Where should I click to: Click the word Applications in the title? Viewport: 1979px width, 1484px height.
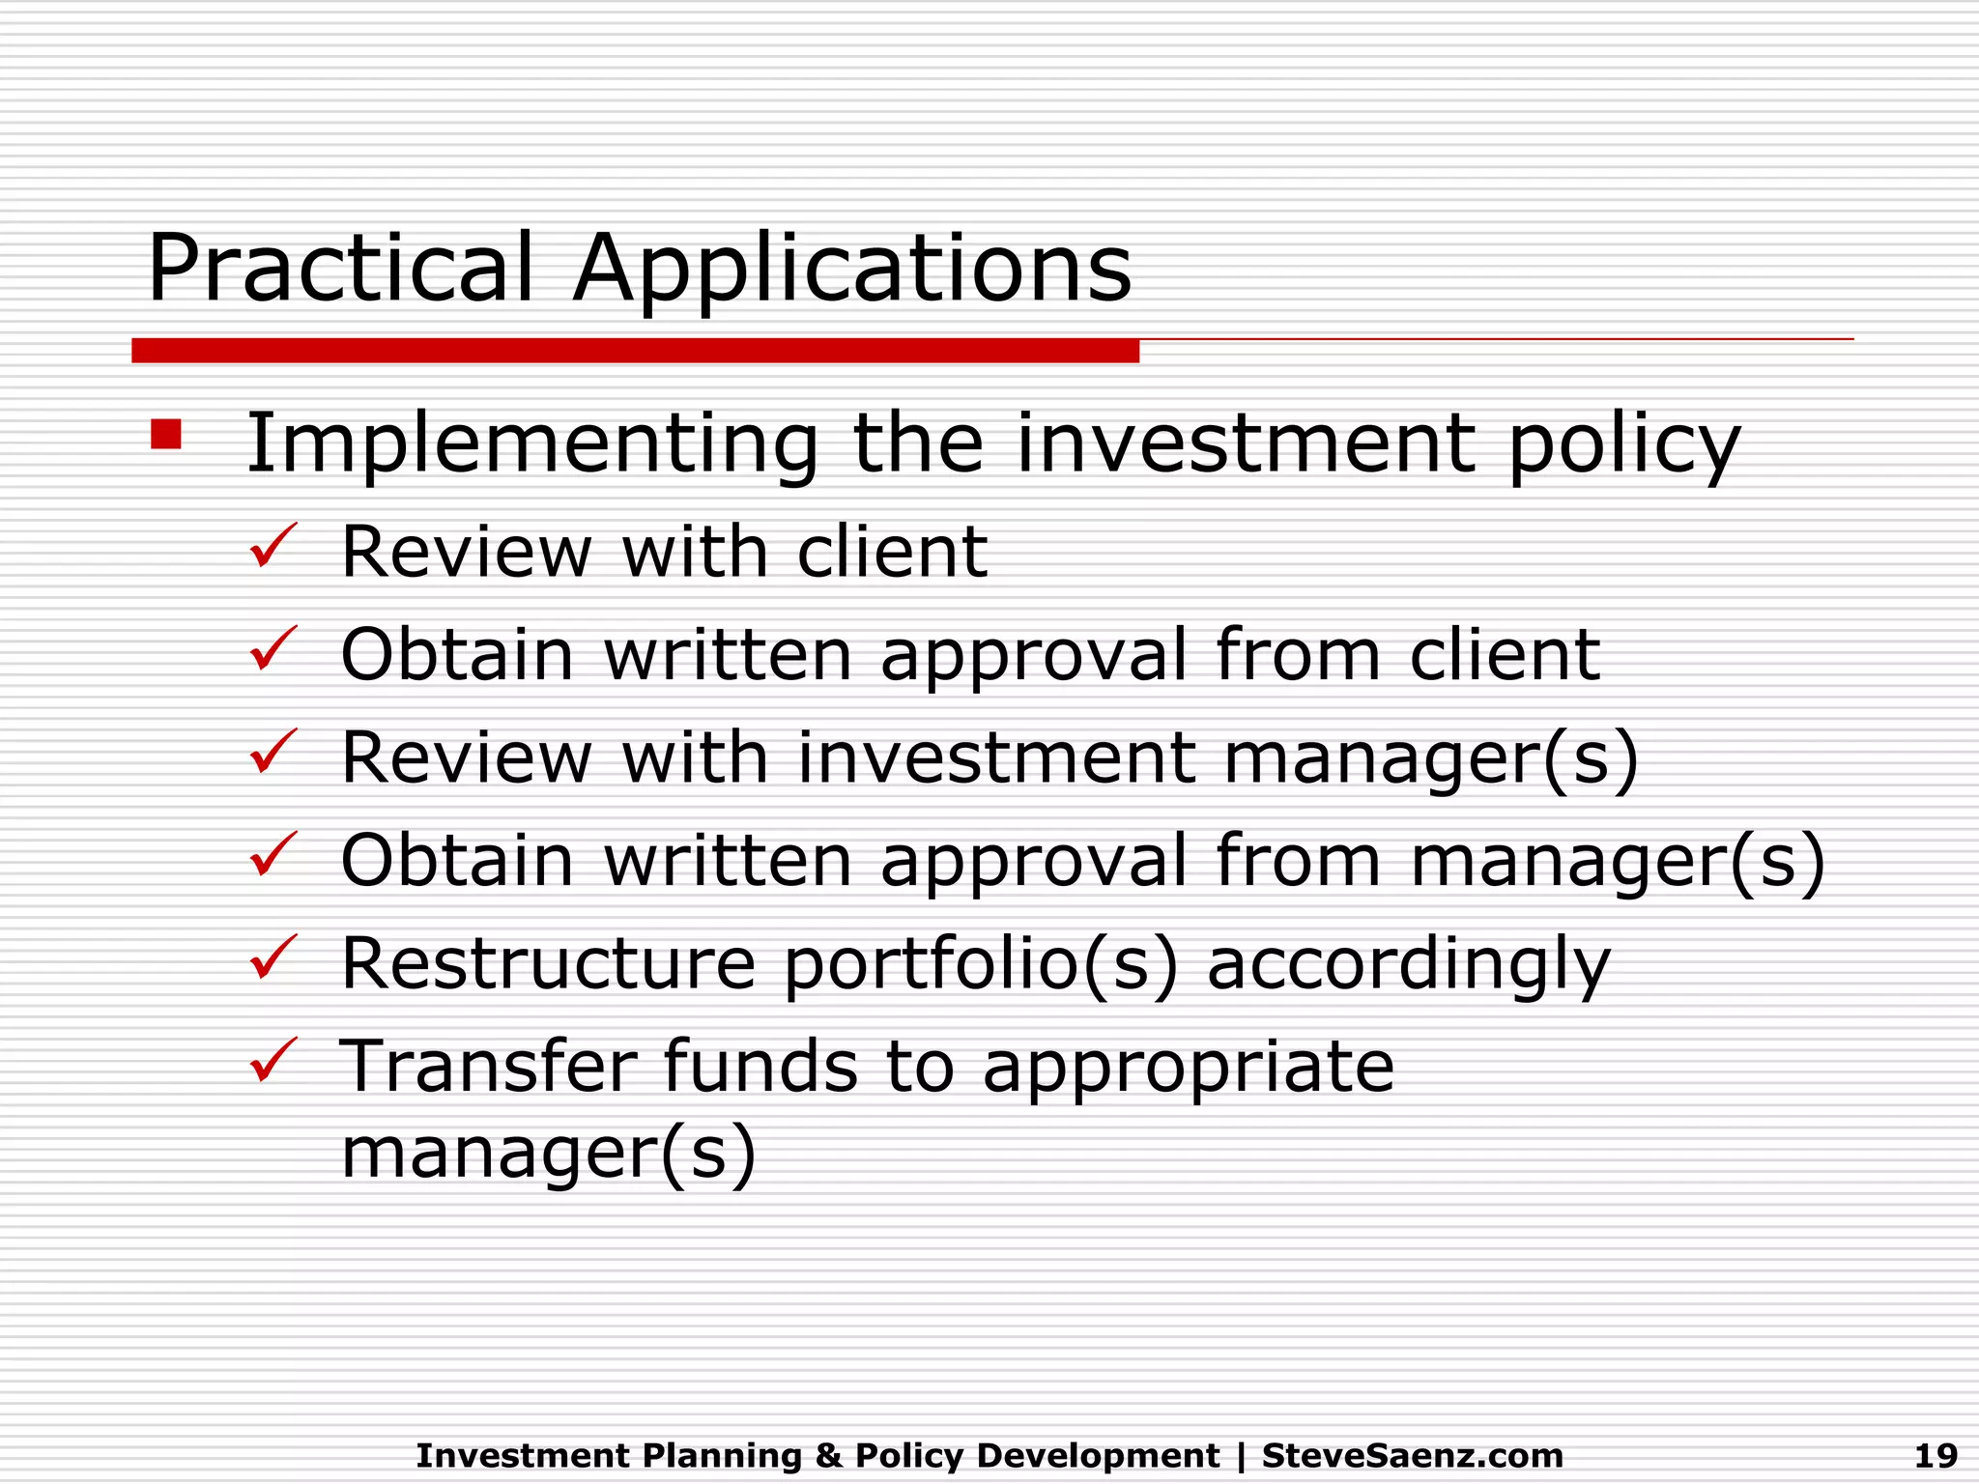[x=851, y=271]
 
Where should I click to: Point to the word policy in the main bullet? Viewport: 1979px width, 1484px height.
[x=1623, y=446]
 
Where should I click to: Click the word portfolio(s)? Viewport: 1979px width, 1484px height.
[x=981, y=966]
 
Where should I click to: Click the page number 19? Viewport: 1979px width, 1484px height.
[x=1936, y=1455]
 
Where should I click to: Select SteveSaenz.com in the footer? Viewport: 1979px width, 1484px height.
[x=1412, y=1455]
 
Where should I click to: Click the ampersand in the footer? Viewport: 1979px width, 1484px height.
[x=828, y=1455]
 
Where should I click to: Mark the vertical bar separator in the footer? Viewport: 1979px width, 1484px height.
[x=1241, y=1456]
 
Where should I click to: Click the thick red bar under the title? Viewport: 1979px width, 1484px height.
[x=635, y=351]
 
